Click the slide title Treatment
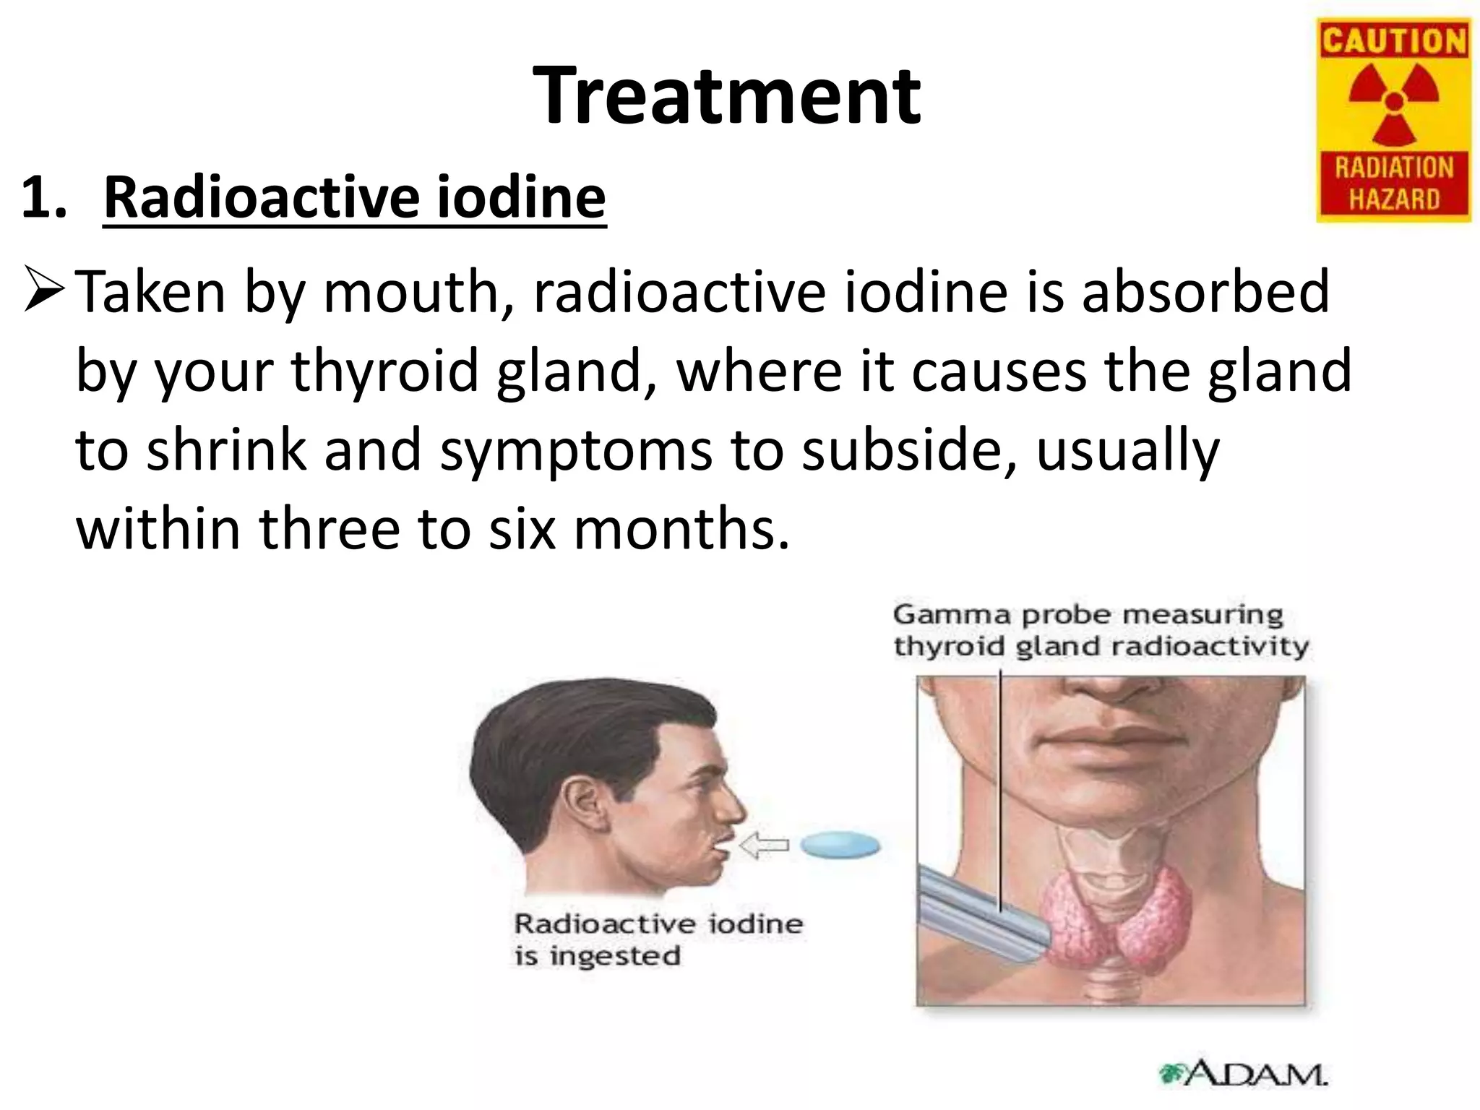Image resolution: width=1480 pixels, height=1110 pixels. pos(726,96)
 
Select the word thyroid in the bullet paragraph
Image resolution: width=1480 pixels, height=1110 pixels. pos(384,371)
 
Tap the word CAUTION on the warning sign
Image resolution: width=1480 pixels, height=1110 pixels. pos(1394,40)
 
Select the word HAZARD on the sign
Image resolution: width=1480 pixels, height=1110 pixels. pos(1394,199)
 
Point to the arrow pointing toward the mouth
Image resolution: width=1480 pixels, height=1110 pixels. pos(765,845)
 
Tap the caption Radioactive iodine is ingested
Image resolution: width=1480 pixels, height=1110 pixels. pos(658,939)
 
